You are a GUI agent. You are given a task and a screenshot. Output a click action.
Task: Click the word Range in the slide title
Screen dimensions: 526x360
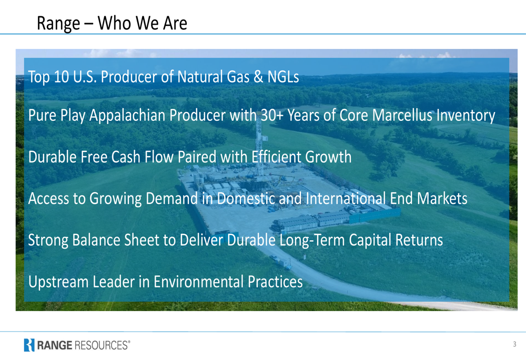58,24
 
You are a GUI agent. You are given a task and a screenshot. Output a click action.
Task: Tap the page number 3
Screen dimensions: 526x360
514,344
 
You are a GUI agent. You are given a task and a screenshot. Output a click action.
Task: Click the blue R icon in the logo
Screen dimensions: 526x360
29,345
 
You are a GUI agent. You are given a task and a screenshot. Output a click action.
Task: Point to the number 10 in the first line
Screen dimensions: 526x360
62,77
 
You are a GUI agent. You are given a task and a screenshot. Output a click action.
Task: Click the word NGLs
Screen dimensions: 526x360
283,77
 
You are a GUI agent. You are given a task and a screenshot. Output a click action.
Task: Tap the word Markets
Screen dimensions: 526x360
442,199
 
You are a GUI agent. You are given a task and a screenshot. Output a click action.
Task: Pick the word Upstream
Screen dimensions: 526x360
58,282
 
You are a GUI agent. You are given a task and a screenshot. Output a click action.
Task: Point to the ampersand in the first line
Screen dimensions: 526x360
258,77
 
